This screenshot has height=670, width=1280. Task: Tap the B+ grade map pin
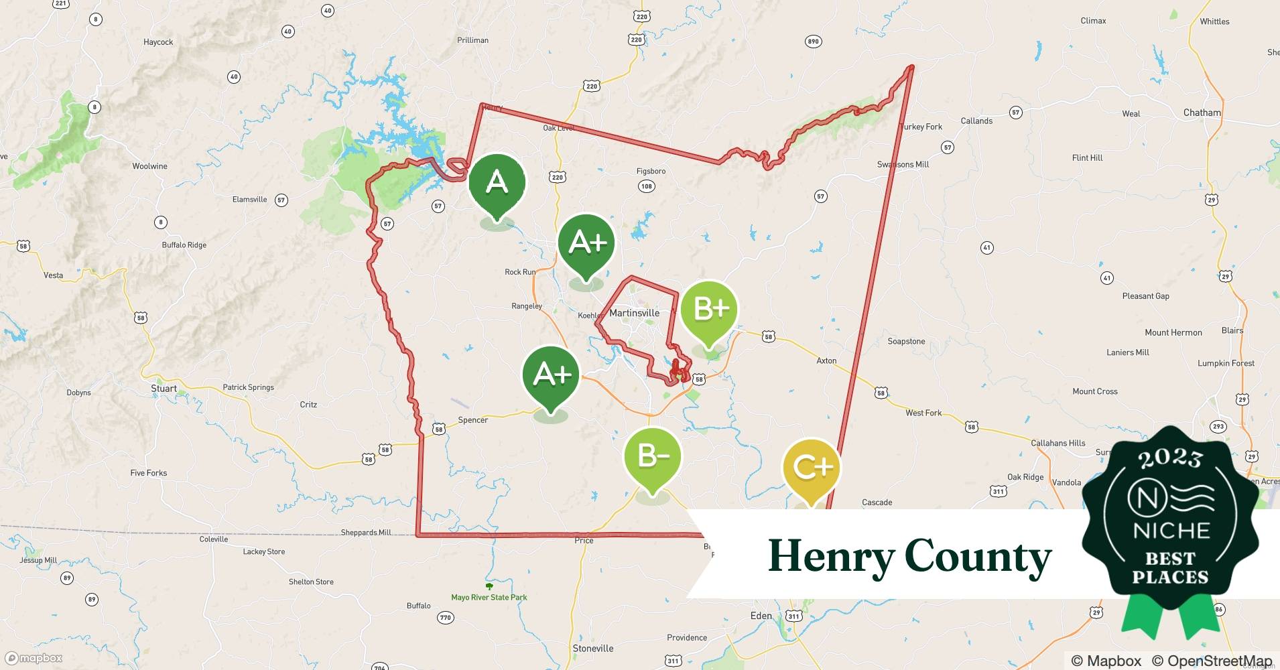709,310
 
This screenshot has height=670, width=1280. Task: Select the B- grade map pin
652,457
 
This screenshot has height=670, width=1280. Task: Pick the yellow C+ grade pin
811,468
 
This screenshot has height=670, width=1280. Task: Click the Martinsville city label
634,313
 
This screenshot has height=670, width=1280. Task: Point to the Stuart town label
164,389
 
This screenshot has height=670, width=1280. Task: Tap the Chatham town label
1202,113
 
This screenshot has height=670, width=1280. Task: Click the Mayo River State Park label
489,597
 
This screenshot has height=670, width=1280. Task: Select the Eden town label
761,616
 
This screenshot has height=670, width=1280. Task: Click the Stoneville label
592,648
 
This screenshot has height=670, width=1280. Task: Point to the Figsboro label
651,171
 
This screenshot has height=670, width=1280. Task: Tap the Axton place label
826,360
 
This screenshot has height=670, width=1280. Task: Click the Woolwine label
149,166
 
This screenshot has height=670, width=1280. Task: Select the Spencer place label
472,420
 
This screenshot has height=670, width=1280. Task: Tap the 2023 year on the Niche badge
1170,458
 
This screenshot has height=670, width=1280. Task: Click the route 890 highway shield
812,42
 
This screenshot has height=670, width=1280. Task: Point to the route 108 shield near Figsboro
646,186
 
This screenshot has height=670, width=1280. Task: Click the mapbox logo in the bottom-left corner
34,658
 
